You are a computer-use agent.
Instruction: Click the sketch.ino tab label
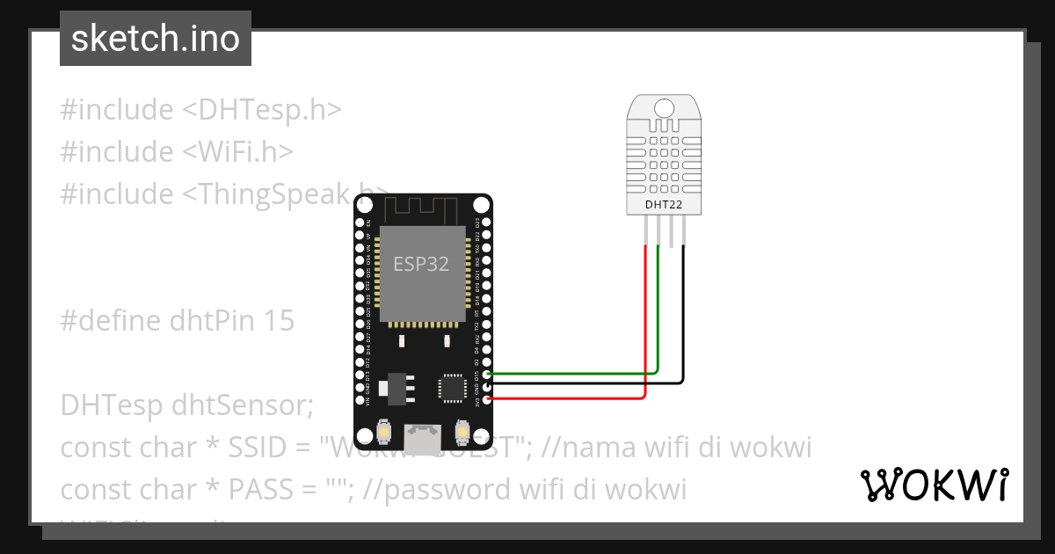click(156, 39)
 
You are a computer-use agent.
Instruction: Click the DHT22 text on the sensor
click(664, 205)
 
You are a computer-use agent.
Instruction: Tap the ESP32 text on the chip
click(421, 264)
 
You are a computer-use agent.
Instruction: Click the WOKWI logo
click(934, 485)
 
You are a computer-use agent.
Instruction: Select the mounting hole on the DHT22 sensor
click(664, 107)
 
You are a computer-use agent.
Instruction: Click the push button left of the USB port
click(384, 433)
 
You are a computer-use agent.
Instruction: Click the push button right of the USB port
click(462, 433)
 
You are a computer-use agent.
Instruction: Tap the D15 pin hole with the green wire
click(488, 375)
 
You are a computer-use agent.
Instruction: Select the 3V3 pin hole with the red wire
click(488, 398)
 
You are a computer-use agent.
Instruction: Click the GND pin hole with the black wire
click(488, 386)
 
